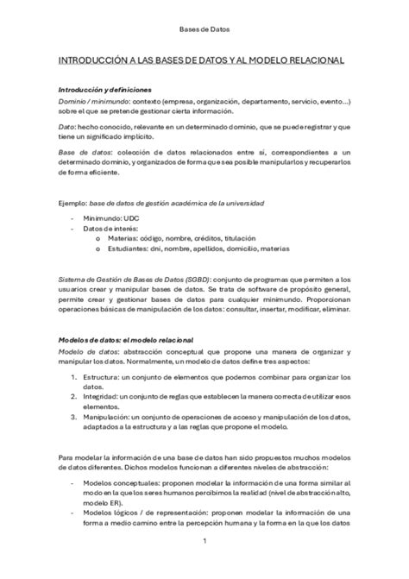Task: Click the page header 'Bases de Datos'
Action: (204, 29)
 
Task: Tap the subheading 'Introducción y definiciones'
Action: (104, 90)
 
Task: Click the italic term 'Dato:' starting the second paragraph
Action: (66, 127)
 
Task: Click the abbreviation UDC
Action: (131, 219)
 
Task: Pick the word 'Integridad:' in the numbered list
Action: (104, 397)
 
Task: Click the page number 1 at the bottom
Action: (204, 542)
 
